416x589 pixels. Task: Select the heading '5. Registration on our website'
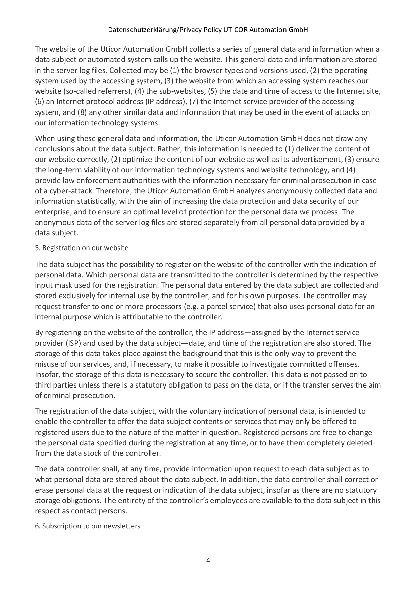(x=82, y=248)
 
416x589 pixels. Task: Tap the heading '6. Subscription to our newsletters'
(x=87, y=526)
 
